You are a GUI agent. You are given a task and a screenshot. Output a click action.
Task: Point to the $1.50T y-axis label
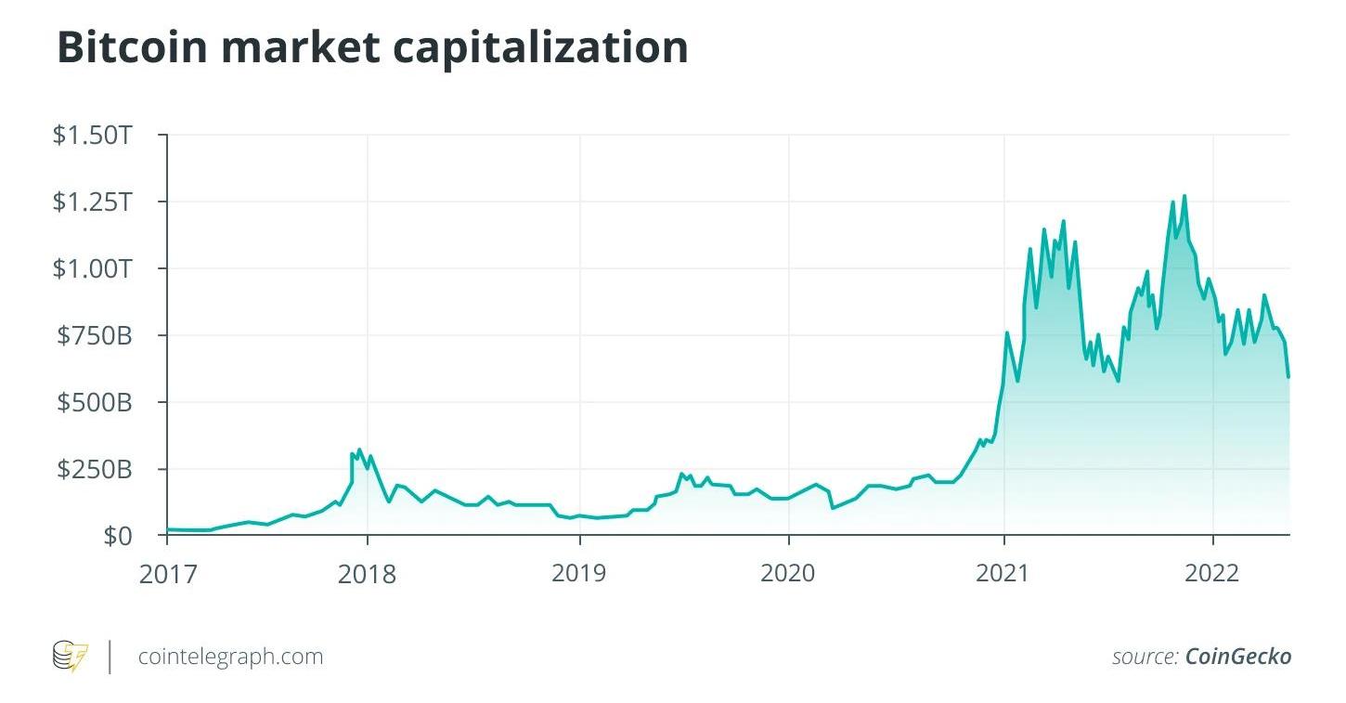94,136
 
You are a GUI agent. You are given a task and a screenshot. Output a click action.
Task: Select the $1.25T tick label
94,202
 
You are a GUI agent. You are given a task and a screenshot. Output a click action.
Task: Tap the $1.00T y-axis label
94,269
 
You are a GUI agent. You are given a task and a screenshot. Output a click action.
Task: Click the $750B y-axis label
95,336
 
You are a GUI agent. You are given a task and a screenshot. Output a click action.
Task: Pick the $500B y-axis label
95,403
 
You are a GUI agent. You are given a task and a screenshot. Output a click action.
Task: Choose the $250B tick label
95,470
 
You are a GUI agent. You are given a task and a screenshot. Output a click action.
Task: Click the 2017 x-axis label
168,573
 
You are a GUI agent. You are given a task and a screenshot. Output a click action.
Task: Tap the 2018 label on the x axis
368,573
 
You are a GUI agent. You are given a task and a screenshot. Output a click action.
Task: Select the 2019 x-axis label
579,573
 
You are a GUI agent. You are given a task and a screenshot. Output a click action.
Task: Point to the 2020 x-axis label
788,573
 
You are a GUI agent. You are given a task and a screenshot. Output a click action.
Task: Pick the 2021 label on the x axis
1003,573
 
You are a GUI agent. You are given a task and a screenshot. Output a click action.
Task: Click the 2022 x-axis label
1212,573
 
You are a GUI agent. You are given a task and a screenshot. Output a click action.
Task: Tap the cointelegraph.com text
230,657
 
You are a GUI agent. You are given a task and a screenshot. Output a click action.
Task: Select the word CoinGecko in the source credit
1238,657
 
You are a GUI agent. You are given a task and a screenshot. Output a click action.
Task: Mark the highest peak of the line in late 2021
1184,196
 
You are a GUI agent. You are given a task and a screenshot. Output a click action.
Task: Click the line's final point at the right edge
1288,376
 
